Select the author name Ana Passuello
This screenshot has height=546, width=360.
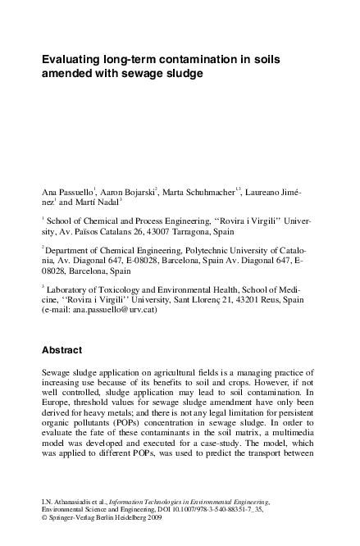[x=67, y=191]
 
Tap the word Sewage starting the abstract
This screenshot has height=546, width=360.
[x=57, y=374]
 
